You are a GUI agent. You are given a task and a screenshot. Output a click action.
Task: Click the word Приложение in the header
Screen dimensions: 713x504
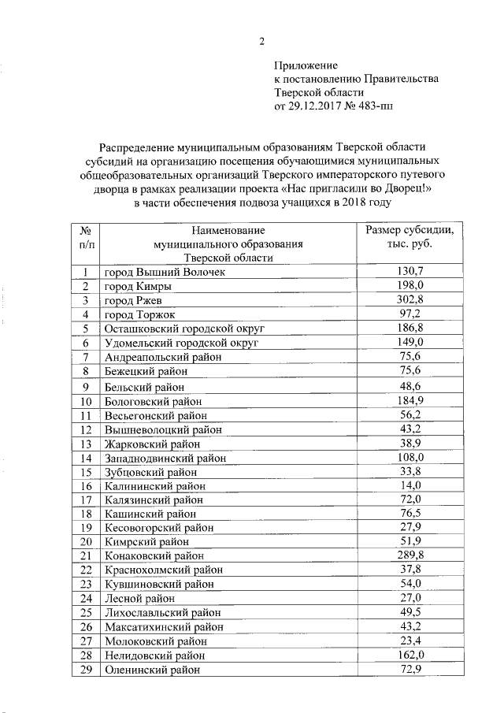point(306,65)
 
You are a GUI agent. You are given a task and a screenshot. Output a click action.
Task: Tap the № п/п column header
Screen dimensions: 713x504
point(85,237)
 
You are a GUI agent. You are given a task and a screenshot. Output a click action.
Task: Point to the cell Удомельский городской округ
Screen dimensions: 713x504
point(181,343)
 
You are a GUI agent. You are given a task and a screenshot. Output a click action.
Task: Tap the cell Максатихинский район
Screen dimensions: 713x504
point(163,627)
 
